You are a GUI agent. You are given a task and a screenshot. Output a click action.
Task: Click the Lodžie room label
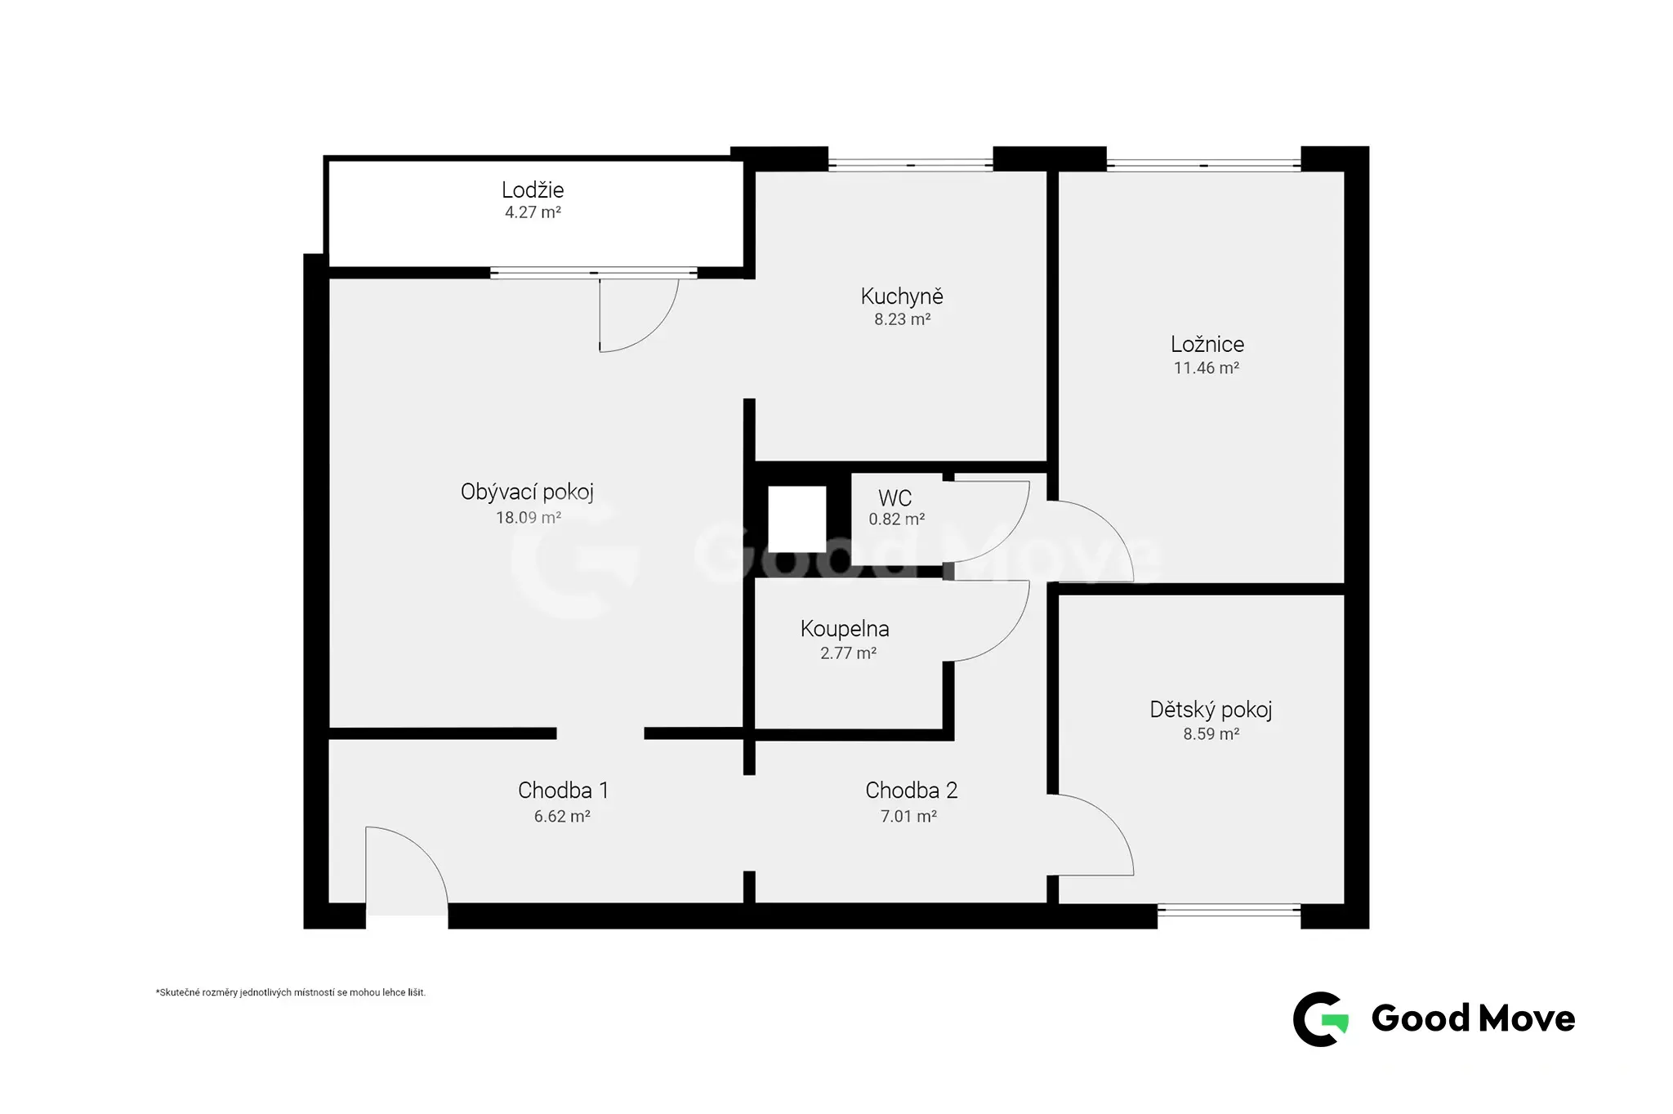tap(533, 190)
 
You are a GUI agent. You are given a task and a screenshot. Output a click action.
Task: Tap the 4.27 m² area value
tap(533, 212)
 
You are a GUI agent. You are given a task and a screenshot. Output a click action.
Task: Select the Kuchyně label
tap(902, 296)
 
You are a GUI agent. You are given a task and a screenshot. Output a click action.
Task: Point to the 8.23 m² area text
tap(902, 319)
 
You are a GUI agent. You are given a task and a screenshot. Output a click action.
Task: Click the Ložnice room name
tap(1207, 344)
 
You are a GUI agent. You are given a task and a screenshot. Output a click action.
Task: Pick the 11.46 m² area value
tap(1207, 368)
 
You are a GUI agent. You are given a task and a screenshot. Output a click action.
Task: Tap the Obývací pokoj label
tap(527, 492)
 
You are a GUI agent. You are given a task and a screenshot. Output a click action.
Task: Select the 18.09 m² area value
tap(529, 517)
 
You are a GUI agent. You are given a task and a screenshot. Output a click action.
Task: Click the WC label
tap(894, 497)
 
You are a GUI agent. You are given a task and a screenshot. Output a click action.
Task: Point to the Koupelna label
tap(845, 629)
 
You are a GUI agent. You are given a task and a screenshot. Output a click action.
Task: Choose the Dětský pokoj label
tap(1211, 710)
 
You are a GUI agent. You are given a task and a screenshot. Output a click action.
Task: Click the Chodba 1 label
tap(563, 790)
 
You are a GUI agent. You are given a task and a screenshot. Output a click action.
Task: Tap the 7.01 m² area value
tap(908, 816)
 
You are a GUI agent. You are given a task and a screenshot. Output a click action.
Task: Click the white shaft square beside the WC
tap(796, 519)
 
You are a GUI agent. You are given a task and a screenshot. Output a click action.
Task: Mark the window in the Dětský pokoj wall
tap(1229, 910)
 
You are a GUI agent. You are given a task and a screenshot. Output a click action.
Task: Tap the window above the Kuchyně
tap(910, 165)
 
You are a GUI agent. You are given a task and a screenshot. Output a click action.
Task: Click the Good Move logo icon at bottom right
tap(1320, 1018)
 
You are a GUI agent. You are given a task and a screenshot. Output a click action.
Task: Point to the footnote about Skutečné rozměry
tap(291, 993)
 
